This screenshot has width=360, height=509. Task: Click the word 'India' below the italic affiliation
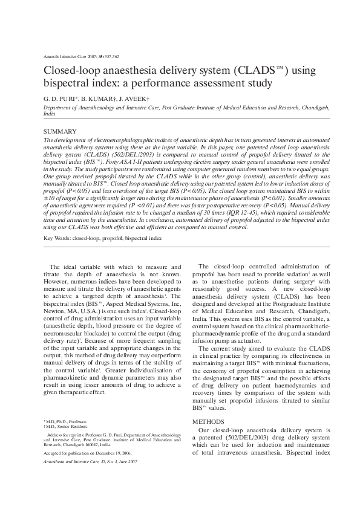(x=50, y=113)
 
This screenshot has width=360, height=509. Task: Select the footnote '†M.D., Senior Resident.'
(x=66, y=426)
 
